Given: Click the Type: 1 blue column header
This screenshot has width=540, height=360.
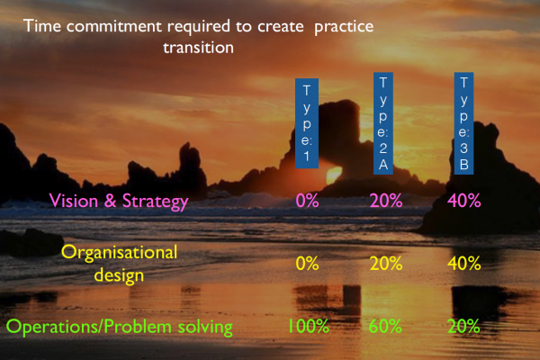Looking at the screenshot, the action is [x=307, y=123].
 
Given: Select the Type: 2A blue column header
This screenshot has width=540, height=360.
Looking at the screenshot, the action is [x=383, y=123].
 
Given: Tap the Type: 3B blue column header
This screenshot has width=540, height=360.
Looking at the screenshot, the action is [x=463, y=123].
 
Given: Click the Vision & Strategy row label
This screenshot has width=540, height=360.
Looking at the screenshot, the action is [x=119, y=202].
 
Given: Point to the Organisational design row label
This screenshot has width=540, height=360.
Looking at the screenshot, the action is [x=119, y=264].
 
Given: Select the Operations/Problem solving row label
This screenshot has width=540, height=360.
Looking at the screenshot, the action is [x=119, y=327].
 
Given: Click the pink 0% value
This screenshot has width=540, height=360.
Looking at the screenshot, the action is [x=307, y=201].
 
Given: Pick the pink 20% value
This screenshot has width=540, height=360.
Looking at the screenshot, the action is [x=386, y=201].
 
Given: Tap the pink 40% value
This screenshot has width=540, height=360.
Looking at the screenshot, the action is [x=463, y=201].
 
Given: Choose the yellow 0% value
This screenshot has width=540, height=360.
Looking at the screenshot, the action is [x=307, y=264].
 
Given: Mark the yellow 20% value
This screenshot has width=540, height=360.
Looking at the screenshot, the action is [x=386, y=264].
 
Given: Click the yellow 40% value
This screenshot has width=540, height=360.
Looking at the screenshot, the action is [x=463, y=264].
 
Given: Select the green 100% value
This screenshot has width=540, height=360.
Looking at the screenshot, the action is [x=309, y=326].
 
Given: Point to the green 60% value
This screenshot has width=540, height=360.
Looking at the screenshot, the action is [x=385, y=326].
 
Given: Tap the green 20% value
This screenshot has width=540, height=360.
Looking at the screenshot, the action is [x=463, y=326].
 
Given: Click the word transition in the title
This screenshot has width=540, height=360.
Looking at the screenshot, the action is [x=198, y=48].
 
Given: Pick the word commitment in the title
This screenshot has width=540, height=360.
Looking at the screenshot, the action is [x=114, y=26].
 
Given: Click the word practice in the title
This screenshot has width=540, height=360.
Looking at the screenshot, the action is [x=344, y=27].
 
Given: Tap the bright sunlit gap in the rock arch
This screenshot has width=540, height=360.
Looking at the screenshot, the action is [x=334, y=175].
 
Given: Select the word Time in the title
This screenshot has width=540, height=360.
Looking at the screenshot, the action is [x=42, y=26].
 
